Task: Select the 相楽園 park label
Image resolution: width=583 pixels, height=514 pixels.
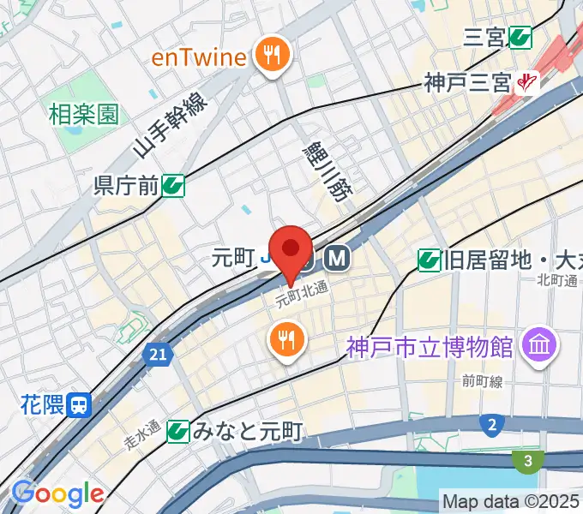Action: point(84,114)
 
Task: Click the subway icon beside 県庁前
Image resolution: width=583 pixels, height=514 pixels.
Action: point(175,184)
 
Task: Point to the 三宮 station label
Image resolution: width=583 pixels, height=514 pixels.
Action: point(484,37)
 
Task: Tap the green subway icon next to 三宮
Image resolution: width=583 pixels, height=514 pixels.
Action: point(520,37)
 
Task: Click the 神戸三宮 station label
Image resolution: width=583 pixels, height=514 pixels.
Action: point(466,83)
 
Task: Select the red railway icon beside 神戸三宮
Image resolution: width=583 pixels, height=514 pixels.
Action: point(526,83)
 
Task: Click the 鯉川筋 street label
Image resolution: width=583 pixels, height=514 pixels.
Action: point(328,172)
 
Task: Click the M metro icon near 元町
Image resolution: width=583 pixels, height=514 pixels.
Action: point(337,257)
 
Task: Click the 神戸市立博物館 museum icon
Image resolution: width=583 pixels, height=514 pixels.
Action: point(541,346)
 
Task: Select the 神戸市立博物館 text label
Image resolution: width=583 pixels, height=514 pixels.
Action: point(430,347)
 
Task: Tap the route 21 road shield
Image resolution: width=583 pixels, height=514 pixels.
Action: point(156,354)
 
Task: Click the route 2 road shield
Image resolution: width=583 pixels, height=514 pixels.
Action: point(492,424)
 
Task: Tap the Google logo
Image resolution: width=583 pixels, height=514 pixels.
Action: point(57,494)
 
